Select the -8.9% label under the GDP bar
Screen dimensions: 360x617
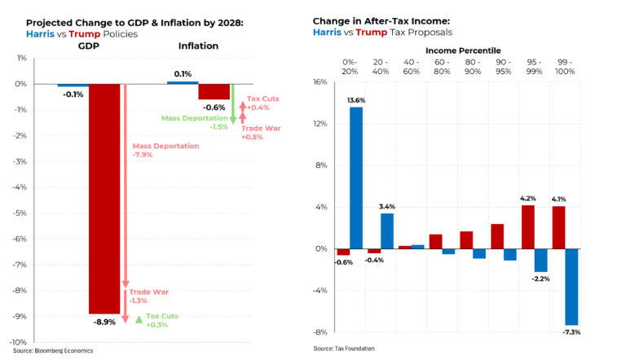[x=105, y=322]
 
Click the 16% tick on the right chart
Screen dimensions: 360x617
[x=321, y=82]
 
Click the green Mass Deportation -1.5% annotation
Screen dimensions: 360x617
[x=195, y=122]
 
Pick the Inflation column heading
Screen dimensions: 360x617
[x=198, y=46]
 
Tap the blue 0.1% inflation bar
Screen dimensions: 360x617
[x=183, y=82]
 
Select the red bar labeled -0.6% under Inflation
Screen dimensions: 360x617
[x=214, y=91]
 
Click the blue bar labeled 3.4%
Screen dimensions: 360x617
[x=386, y=230]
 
